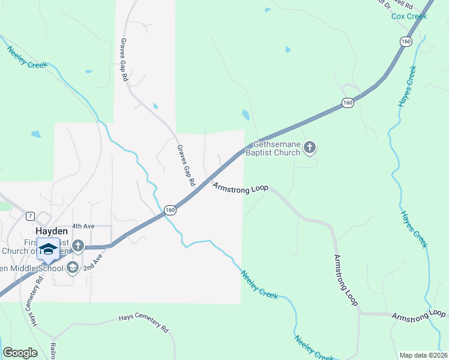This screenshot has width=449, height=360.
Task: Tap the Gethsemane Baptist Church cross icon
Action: (x=310, y=147)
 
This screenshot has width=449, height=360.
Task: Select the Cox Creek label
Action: (x=409, y=16)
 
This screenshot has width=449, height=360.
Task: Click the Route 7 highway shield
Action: (x=29, y=216)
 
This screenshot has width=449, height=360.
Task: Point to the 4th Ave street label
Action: (x=83, y=226)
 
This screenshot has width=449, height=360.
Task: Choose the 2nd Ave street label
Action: (x=93, y=261)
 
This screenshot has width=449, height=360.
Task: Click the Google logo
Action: (x=20, y=353)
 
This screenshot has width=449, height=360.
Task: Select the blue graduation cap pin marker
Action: (x=48, y=249)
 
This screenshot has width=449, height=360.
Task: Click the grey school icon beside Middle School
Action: (x=73, y=267)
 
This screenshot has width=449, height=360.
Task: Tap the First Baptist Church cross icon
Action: (x=78, y=245)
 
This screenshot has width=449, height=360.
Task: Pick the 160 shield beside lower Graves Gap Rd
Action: (x=170, y=210)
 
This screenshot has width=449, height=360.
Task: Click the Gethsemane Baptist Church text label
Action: (x=277, y=148)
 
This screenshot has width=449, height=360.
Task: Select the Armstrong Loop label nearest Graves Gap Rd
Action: (x=240, y=188)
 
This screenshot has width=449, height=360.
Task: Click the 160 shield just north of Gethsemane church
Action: (x=348, y=103)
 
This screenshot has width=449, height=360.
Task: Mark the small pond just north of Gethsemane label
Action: (x=245, y=115)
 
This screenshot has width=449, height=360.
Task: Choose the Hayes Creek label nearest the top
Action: (x=408, y=86)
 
